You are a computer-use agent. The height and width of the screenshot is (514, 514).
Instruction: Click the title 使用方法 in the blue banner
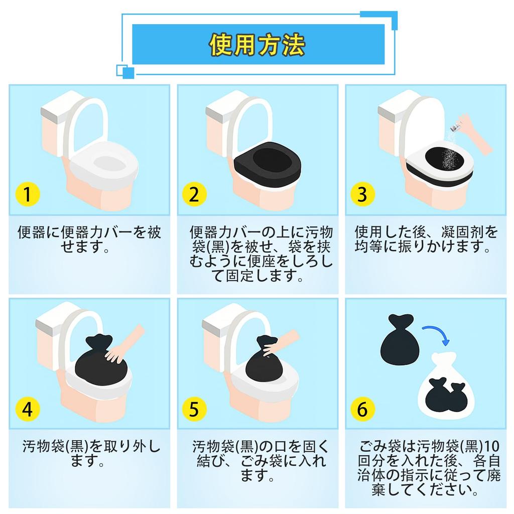(258, 45)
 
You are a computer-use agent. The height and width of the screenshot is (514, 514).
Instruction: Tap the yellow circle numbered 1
(28, 194)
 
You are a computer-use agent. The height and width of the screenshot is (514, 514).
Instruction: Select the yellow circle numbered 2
(194, 194)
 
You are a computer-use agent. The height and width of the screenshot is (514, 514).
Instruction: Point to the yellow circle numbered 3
(362, 194)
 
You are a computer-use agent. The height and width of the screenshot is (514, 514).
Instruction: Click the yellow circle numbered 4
(28, 409)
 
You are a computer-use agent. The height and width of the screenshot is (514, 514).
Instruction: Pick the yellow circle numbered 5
(194, 409)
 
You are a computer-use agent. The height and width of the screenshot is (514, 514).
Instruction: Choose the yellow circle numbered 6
(362, 409)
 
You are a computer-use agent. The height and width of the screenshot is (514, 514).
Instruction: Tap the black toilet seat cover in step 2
(268, 164)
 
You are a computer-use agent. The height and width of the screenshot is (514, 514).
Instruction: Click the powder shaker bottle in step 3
(455, 126)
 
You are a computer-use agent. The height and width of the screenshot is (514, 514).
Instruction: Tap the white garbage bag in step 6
(446, 387)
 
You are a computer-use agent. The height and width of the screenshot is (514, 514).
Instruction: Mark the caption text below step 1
(89, 239)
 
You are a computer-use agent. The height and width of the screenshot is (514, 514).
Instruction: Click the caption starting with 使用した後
(426, 239)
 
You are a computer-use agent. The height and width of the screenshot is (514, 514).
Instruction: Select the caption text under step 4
(91, 454)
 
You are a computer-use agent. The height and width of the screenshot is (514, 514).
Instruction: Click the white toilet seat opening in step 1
(109, 163)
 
